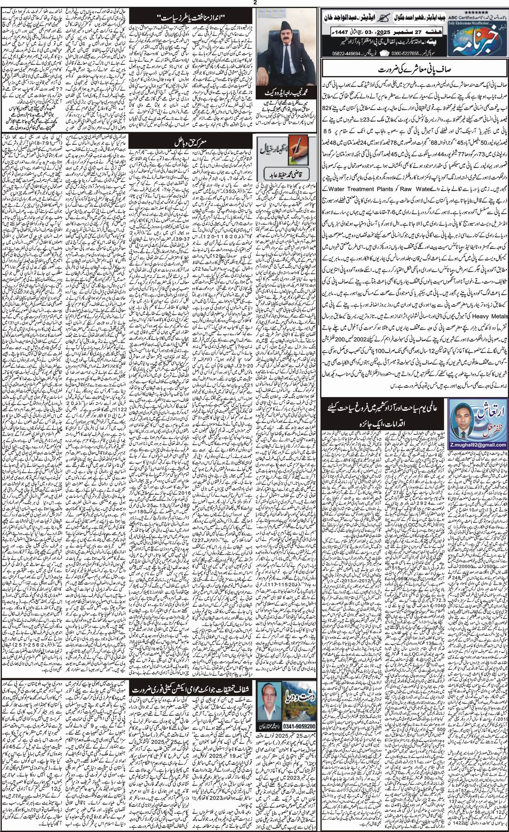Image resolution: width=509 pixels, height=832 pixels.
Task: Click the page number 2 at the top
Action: click(255, 3)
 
